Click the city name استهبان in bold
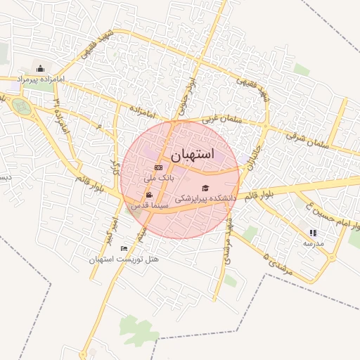click(x=191, y=153)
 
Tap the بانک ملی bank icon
click(x=158, y=167)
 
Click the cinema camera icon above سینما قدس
click(x=149, y=195)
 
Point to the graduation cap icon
click(x=205, y=188)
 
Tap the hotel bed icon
click(x=124, y=248)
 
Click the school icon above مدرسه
click(x=313, y=233)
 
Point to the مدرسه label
click(x=313, y=243)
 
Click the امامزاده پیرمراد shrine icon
click(x=40, y=69)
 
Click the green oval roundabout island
click(x=21, y=107)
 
